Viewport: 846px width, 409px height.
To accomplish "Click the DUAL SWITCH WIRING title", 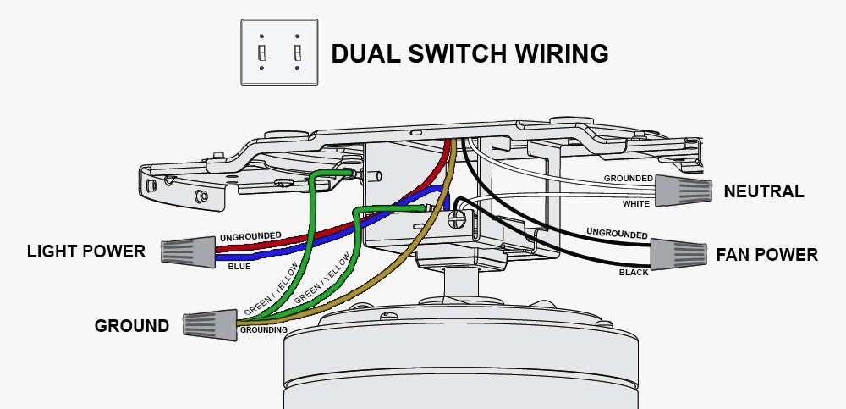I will tap(470, 53).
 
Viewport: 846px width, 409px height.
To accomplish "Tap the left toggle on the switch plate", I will tap(262, 53).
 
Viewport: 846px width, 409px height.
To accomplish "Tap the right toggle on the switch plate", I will tap(297, 53).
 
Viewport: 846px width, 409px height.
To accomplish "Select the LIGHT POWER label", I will tap(85, 251).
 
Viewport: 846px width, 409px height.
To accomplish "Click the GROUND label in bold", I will tap(131, 326).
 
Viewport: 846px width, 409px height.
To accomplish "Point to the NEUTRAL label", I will tap(763, 192).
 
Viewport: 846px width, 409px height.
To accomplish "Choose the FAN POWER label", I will tap(766, 255).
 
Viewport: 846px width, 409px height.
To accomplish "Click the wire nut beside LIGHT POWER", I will tap(187, 250).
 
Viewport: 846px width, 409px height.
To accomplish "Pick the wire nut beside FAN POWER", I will tap(678, 252).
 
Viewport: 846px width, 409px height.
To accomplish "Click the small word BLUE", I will tap(239, 267).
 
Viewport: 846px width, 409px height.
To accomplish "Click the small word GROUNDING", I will tap(263, 329).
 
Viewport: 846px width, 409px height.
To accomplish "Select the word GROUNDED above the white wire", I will tap(628, 179).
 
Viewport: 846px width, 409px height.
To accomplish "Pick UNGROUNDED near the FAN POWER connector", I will tap(617, 234).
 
